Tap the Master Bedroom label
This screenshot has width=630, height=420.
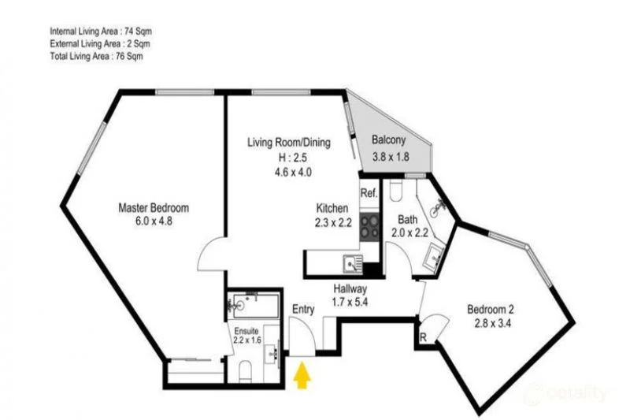154,208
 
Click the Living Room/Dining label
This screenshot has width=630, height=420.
289,143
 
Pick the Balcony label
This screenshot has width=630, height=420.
389,143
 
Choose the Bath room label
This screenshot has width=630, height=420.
407,220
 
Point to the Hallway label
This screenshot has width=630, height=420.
350,288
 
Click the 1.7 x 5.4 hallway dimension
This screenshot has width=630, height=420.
350,301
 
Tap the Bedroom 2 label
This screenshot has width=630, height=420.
492,308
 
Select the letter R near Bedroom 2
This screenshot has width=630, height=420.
424,336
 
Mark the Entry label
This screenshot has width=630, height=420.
303,310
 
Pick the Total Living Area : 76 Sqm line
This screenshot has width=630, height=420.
95,56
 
